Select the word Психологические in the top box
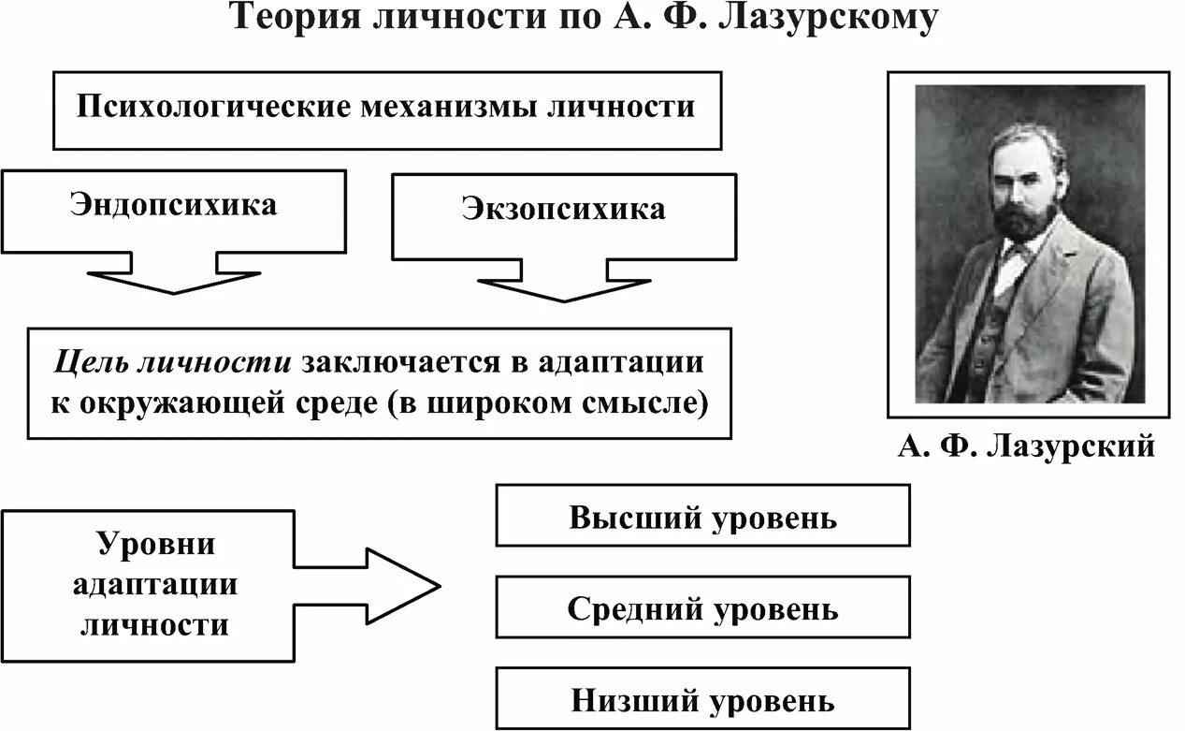[210, 106]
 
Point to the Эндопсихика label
[173, 205]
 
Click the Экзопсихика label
[563, 208]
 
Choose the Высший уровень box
[701, 516]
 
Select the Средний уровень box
[701, 609]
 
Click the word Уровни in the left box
[156, 544]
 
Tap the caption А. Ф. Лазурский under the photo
[1026, 446]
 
